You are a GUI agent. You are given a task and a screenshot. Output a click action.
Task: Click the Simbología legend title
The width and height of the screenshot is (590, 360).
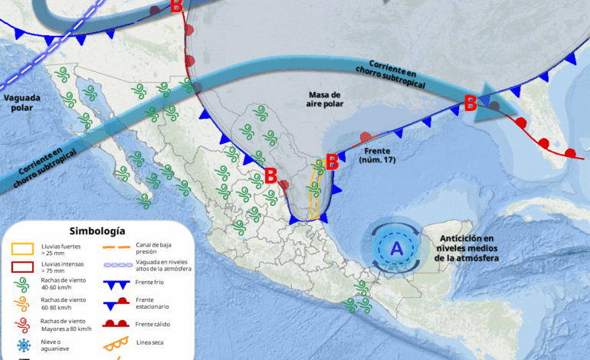[97, 231]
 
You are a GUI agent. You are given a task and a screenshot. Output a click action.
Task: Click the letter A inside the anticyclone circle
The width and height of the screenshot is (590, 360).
[396, 248]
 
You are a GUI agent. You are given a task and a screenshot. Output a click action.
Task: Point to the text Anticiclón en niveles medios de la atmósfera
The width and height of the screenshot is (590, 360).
[465, 248]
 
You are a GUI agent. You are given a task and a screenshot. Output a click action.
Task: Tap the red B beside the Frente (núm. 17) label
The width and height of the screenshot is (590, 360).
[332, 162]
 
